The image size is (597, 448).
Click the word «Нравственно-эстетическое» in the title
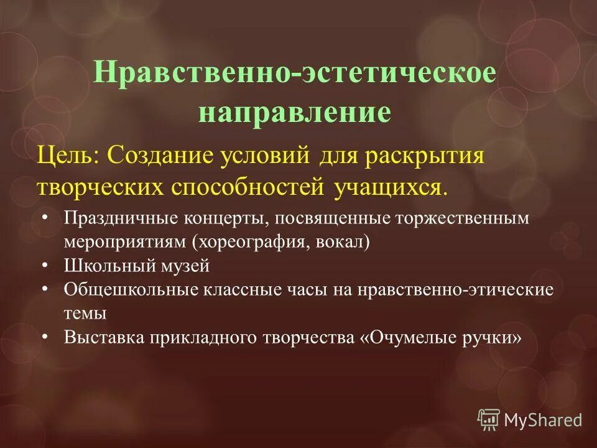[x=294, y=73]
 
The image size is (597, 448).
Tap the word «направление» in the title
[x=294, y=113]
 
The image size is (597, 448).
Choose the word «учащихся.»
[x=391, y=186]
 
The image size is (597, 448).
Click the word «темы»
[x=85, y=312]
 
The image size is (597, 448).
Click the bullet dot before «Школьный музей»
[x=47, y=266]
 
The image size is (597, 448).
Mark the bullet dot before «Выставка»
[x=47, y=337]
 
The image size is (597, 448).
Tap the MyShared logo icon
[x=489, y=419]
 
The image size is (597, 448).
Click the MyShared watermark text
[x=542, y=420]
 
